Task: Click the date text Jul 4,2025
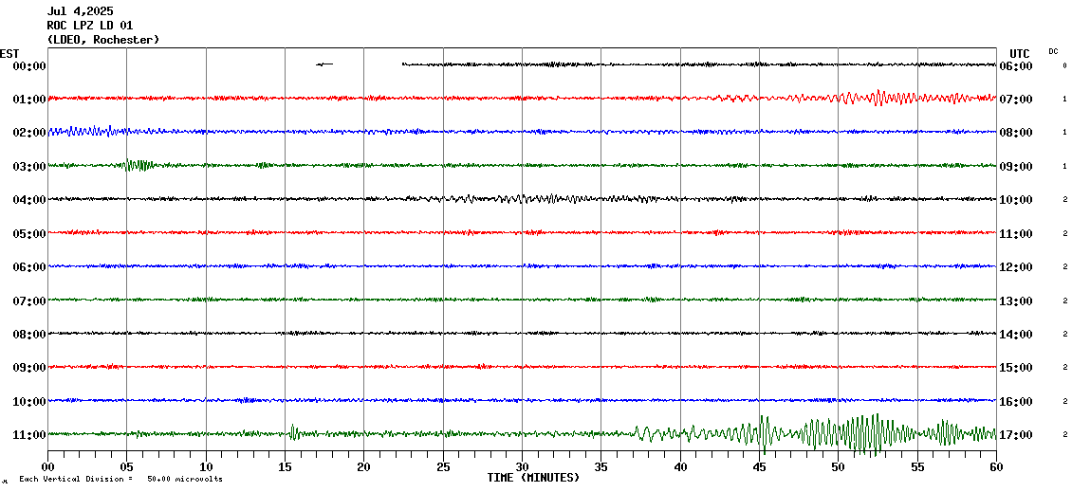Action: tap(80, 11)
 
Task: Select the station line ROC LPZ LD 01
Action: tap(89, 26)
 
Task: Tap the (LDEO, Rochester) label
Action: tap(102, 40)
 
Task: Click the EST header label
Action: tap(9, 53)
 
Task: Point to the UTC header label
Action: tap(1019, 53)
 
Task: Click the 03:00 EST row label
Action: tap(28, 166)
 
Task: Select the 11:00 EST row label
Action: tap(28, 434)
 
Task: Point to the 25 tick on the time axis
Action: tap(443, 466)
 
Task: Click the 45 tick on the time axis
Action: tap(759, 466)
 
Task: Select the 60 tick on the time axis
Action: tap(996, 466)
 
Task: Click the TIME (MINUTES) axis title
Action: tap(533, 478)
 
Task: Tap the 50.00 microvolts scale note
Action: tap(185, 480)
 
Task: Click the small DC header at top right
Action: tap(1053, 51)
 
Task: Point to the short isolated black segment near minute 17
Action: tap(324, 64)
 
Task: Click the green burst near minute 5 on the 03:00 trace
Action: tap(139, 165)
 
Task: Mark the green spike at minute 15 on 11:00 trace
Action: tap(292, 432)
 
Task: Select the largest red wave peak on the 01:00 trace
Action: tap(878, 94)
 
